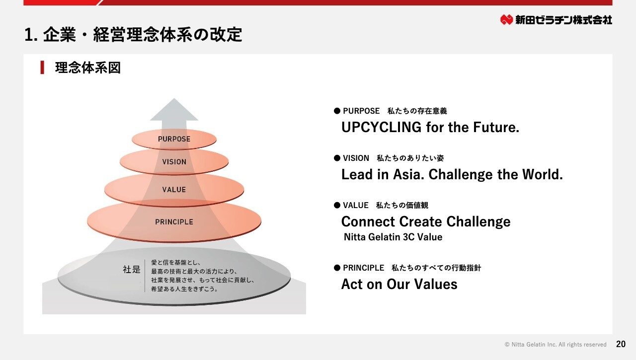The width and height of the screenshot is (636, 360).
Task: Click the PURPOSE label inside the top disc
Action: [x=174, y=139]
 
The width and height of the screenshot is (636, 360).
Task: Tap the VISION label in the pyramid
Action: [x=174, y=162]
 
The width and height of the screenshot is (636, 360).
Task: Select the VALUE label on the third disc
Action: [x=174, y=190]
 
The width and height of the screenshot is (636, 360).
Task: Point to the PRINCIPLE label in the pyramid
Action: [x=174, y=222]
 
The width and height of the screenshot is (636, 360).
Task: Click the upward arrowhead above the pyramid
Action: [x=174, y=110]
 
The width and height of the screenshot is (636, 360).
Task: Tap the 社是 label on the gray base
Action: [x=132, y=269]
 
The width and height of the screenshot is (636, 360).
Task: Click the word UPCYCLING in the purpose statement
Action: [x=381, y=127]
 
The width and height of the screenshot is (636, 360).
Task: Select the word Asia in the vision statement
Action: [x=408, y=174]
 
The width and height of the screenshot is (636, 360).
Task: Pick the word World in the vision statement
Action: [x=542, y=174]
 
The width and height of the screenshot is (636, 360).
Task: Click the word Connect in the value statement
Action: [x=368, y=221]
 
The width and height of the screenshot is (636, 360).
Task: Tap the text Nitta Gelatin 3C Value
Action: [x=393, y=237]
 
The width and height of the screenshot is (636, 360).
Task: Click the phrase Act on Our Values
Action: [x=399, y=284]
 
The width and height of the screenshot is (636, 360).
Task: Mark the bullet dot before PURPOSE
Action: [x=337, y=111]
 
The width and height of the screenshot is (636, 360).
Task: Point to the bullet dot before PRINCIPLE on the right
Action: [x=337, y=268]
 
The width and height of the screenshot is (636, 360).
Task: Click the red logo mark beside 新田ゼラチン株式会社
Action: [x=506, y=19]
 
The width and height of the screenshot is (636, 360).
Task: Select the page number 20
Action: [x=621, y=344]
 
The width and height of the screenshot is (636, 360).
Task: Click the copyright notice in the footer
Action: [x=556, y=345]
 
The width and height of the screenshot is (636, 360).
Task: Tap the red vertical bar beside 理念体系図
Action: [x=42, y=68]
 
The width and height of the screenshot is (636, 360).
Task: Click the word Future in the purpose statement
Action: [x=496, y=127]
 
